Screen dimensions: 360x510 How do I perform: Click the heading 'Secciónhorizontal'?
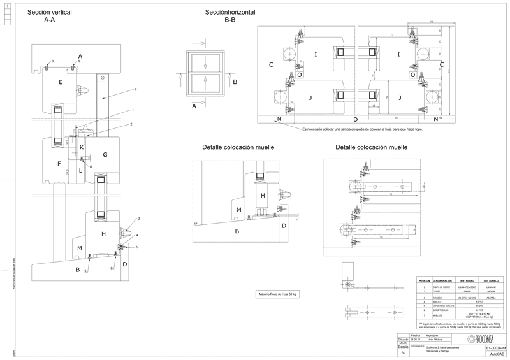[x=230, y=12]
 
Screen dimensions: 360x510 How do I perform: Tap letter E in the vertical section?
[x=60, y=82]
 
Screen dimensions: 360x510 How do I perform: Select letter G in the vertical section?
[x=105, y=154]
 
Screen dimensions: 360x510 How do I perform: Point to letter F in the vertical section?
[x=58, y=164]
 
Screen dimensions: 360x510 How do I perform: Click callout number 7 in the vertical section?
[x=135, y=90]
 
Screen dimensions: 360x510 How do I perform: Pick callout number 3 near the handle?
[x=138, y=219]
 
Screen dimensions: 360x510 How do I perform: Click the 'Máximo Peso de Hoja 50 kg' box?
[x=279, y=294]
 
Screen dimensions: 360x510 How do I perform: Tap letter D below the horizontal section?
[x=355, y=119]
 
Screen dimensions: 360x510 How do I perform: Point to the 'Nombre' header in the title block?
[x=432, y=335]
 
